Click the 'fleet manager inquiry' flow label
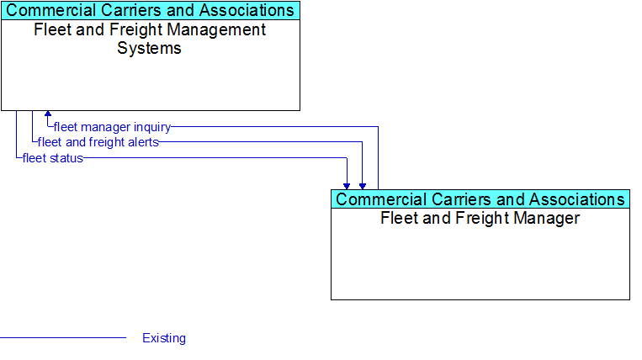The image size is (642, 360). pyautogui.click(x=112, y=127)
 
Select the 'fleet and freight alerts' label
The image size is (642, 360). pyautogui.click(x=98, y=142)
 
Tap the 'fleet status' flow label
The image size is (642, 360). pyautogui.click(x=53, y=158)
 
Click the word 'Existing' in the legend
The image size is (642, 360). pyautogui.click(x=164, y=338)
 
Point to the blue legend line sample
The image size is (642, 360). pyautogui.click(x=63, y=338)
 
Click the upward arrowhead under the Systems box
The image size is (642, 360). pyautogui.click(x=48, y=114)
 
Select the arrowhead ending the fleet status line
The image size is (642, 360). pyautogui.click(x=347, y=186)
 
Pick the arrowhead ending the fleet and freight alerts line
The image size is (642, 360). pyautogui.click(x=363, y=186)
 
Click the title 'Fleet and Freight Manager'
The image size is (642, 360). pyautogui.click(x=480, y=218)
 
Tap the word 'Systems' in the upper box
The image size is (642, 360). pyautogui.click(x=149, y=48)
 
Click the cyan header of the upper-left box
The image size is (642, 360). pyautogui.click(x=151, y=11)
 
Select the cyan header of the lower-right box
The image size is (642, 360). pyautogui.click(x=480, y=199)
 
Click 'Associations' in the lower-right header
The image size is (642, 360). pyautogui.click(x=576, y=199)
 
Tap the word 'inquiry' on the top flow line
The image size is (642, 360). pyautogui.click(x=152, y=127)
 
